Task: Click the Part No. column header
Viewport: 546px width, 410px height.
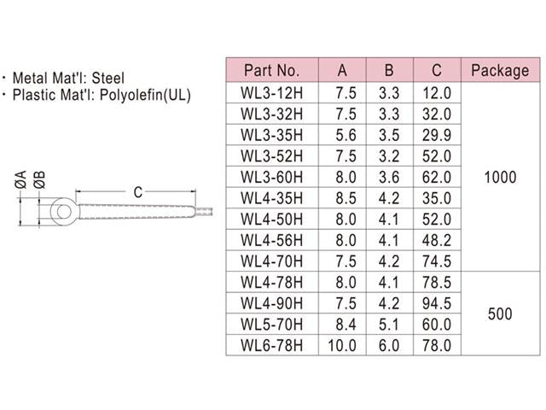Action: click(271, 70)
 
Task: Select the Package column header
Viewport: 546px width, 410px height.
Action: click(499, 70)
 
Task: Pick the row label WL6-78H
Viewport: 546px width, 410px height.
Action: click(271, 345)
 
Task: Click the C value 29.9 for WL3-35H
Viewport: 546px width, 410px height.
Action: click(436, 134)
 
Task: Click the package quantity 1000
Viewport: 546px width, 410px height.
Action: click(499, 177)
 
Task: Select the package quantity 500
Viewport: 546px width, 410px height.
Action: click(499, 313)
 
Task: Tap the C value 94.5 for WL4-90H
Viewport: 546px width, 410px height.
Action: click(436, 303)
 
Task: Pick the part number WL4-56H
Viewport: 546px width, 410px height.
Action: click(271, 240)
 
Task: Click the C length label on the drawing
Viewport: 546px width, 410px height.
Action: click(138, 191)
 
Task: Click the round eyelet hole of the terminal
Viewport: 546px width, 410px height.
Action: click(59, 208)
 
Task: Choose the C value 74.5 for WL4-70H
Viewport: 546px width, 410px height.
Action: click(436, 261)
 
